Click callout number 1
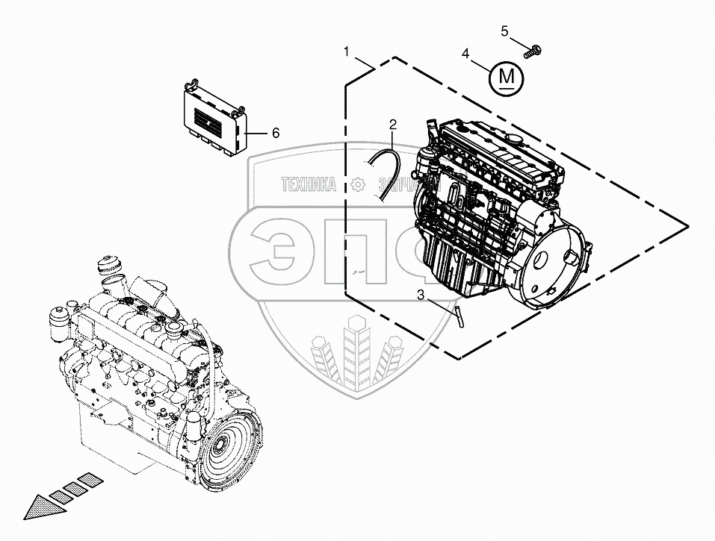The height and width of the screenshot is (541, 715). [347, 51]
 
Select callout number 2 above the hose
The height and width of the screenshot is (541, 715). [392, 123]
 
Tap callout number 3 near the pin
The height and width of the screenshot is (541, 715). [421, 295]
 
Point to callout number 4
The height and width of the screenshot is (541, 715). [465, 54]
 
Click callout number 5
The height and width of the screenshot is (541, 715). [504, 31]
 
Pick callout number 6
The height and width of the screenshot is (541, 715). [275, 133]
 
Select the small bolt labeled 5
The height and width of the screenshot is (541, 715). [533, 51]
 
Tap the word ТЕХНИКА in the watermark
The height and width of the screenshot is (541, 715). [309, 184]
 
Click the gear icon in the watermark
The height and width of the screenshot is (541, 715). [357, 184]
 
